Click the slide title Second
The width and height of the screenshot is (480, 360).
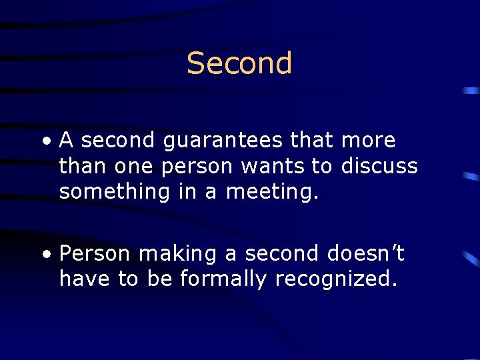coord(239,63)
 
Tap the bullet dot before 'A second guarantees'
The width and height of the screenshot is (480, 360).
coord(44,141)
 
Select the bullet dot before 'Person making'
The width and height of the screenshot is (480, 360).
coord(44,255)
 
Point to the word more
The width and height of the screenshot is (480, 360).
coord(368,141)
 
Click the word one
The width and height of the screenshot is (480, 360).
coord(133,167)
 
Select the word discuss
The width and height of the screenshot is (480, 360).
coord(379,166)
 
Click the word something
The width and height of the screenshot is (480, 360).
coord(115,192)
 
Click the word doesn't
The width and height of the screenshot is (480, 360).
coord(366,253)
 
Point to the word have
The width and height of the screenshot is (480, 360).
coord(85,279)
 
